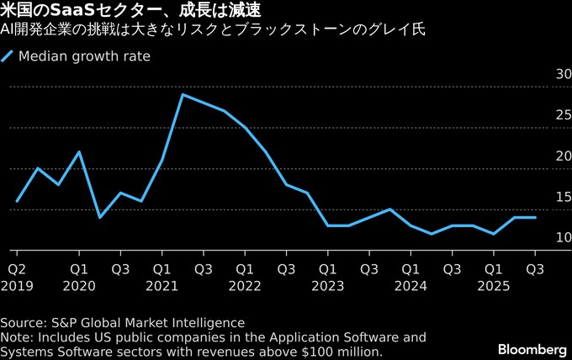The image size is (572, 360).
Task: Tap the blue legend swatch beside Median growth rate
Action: pos(8,57)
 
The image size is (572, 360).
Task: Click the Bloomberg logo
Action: pos(532,348)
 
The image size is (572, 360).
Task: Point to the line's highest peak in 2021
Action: pos(183,94)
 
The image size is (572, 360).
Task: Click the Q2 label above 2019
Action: pos(16,269)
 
